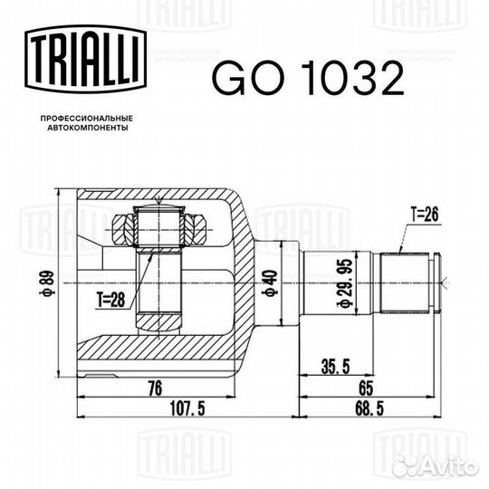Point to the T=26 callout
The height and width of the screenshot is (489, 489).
[x=426, y=216]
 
